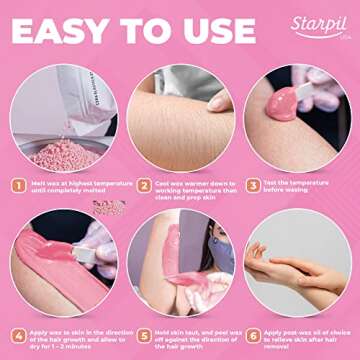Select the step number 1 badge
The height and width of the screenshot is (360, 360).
[17, 186]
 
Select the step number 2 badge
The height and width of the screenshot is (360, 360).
[136, 186]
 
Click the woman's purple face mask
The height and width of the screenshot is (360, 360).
[221, 256]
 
